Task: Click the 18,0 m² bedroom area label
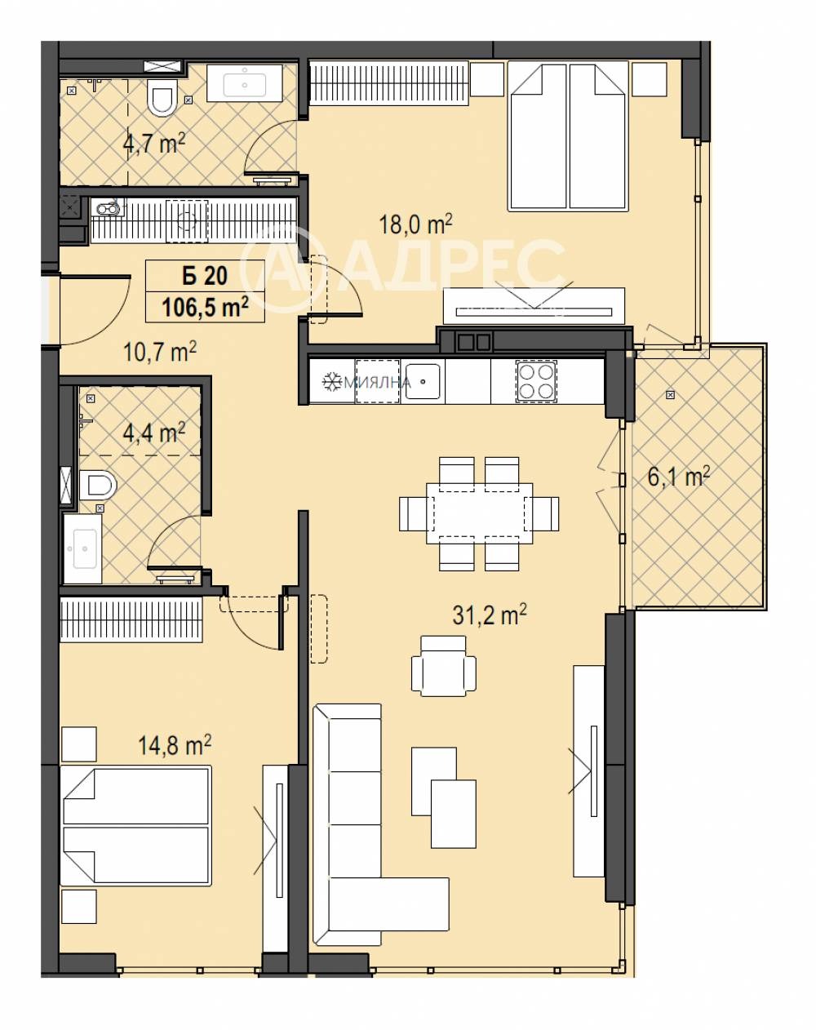point(415,224)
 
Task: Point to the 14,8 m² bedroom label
point(174,745)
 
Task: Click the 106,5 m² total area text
point(205,307)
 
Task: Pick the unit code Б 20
point(205,276)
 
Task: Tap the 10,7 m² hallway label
point(159,352)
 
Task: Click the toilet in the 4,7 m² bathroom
point(161,98)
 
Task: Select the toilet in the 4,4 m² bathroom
point(98,484)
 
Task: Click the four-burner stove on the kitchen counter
point(535,381)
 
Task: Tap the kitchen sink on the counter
point(423,381)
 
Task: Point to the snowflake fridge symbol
point(331,381)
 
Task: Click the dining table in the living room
point(480,513)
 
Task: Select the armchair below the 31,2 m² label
point(444,666)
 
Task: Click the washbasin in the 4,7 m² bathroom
point(245,82)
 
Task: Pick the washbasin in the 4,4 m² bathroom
point(82,548)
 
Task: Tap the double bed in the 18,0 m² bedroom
point(567,135)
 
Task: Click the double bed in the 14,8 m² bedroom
point(136,824)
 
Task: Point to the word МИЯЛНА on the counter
point(378,382)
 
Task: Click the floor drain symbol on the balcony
point(670,395)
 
